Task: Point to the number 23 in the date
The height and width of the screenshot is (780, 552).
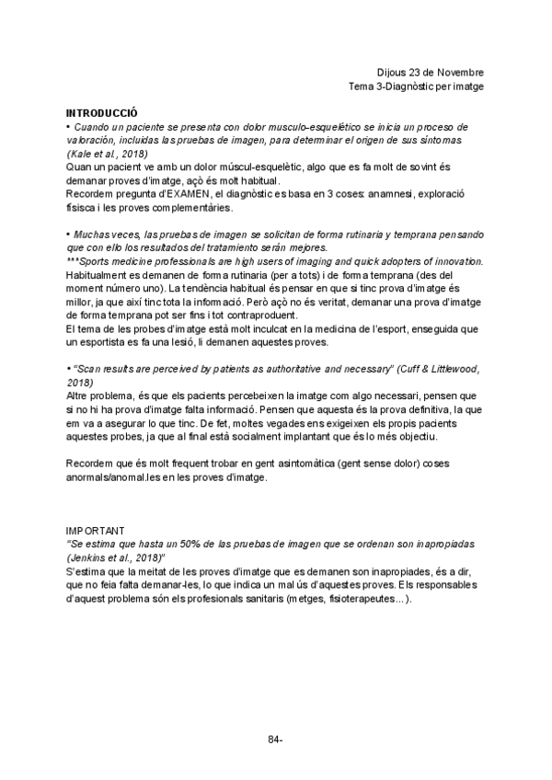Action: pos(419,72)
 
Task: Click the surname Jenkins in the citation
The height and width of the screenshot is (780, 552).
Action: pos(88,558)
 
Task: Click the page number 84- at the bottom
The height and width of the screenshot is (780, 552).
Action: pos(275,739)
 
